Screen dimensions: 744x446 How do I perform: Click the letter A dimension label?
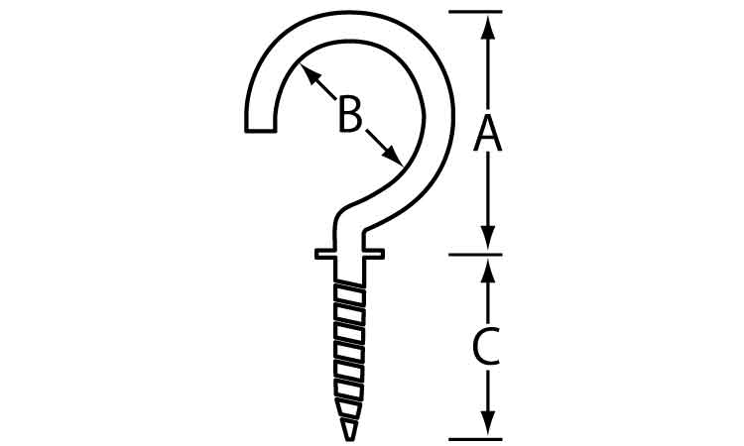click(x=487, y=135)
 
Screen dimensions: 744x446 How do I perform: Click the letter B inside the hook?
click(x=350, y=114)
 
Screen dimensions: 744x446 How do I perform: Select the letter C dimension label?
click(x=486, y=347)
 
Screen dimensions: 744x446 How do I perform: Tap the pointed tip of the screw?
click(x=350, y=439)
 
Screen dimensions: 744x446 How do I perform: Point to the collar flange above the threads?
click(x=349, y=254)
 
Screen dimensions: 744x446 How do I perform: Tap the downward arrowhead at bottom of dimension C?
click(x=488, y=423)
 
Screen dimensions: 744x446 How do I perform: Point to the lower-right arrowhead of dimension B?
click(x=392, y=156)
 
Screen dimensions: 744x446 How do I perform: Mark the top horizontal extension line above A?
click(x=475, y=11)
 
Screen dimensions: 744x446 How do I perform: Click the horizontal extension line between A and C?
click(x=475, y=255)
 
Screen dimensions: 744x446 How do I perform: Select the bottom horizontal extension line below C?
click(x=475, y=439)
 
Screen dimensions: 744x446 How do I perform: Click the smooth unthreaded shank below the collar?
click(x=350, y=272)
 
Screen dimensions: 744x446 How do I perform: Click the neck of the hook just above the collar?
click(x=350, y=235)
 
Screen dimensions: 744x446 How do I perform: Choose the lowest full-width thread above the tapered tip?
click(x=349, y=389)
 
